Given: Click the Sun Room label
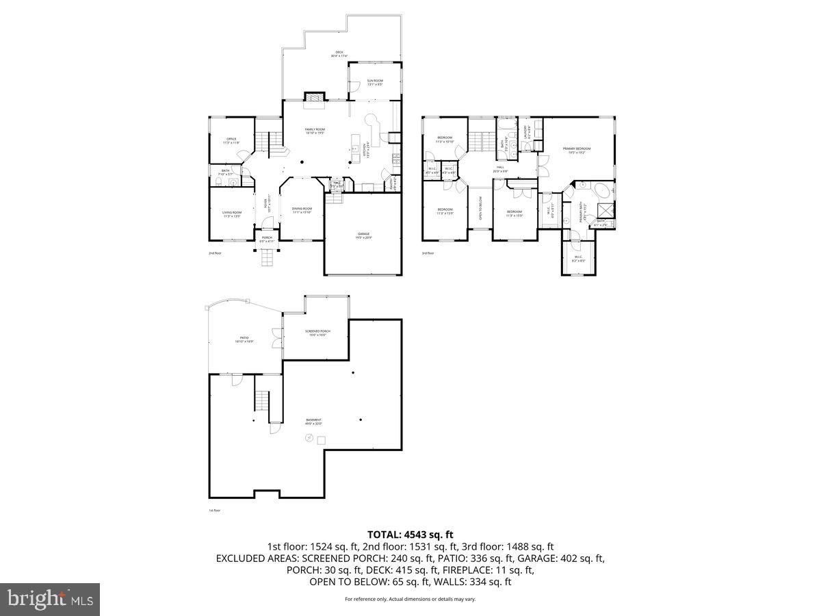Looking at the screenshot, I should tap(374, 82).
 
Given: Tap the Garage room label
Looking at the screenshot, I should tap(363, 235).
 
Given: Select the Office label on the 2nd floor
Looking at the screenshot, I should tap(231, 140).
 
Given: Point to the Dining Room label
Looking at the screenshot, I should tap(302, 210).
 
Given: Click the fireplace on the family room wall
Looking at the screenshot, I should tap(314, 98).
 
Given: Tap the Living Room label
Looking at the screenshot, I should tap(231, 214).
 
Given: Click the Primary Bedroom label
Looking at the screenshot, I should tap(577, 150).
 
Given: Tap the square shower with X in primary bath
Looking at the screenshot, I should tap(605, 211).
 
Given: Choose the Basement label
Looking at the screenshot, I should tap(313, 422).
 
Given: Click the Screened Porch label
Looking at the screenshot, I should tap(316, 333).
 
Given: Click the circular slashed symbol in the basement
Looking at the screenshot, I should tap(309, 439).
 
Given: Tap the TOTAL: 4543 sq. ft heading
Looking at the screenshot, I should tap(410, 535).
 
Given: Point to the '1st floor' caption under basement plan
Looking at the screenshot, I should tap(214, 510).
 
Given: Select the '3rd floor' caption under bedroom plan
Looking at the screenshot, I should tap(428, 253).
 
